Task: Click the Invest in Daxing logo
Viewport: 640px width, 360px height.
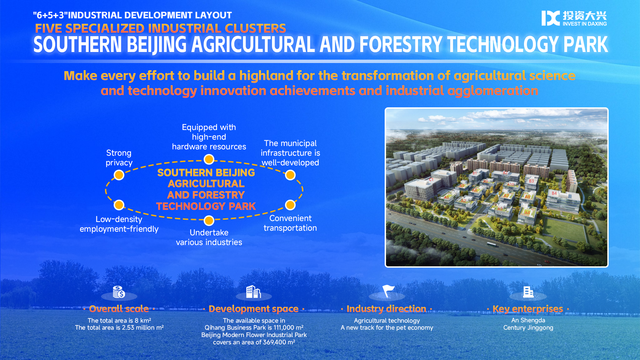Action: [x=574, y=18]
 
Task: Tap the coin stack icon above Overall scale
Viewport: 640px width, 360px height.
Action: [x=119, y=292]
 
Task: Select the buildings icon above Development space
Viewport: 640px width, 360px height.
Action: [x=253, y=292]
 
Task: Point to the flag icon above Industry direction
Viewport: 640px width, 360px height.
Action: [x=388, y=291]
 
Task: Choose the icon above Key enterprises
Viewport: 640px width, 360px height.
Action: [x=528, y=292]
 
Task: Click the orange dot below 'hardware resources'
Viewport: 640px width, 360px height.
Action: [x=209, y=160]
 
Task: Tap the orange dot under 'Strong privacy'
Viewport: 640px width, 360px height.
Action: [x=119, y=175]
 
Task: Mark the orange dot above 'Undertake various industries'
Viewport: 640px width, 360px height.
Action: [x=209, y=221]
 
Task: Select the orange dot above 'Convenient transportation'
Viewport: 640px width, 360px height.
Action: [x=290, y=205]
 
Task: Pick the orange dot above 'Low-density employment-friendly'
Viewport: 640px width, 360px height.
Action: [x=119, y=205]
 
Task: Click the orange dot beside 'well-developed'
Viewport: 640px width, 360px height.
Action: [x=290, y=175]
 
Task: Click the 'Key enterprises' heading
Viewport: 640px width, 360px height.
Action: [x=528, y=309]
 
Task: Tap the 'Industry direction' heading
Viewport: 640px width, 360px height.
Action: [x=386, y=309]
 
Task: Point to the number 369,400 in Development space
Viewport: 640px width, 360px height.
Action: [x=274, y=342]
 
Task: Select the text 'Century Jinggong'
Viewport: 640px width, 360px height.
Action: [x=528, y=328]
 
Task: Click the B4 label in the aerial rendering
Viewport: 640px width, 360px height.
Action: [x=554, y=193]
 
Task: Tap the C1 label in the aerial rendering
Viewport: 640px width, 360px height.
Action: [x=431, y=179]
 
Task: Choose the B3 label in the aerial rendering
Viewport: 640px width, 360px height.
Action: [x=531, y=181]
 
